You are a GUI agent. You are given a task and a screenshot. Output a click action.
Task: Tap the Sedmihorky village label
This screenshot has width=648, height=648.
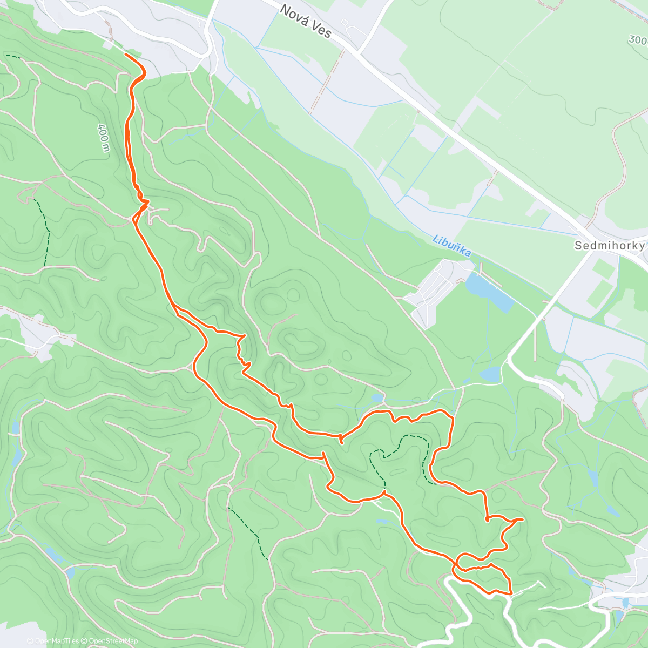point(609,246)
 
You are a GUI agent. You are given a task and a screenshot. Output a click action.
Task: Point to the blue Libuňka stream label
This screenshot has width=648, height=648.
point(451,245)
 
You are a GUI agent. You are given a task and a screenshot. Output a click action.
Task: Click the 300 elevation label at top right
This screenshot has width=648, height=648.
point(637,39)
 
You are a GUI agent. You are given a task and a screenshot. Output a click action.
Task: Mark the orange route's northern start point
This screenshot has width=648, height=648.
point(126,54)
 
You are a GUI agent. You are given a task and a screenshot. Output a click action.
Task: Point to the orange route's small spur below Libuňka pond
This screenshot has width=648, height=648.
point(341,440)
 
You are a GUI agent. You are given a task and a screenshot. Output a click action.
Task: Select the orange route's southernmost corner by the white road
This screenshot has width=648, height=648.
point(510,593)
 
